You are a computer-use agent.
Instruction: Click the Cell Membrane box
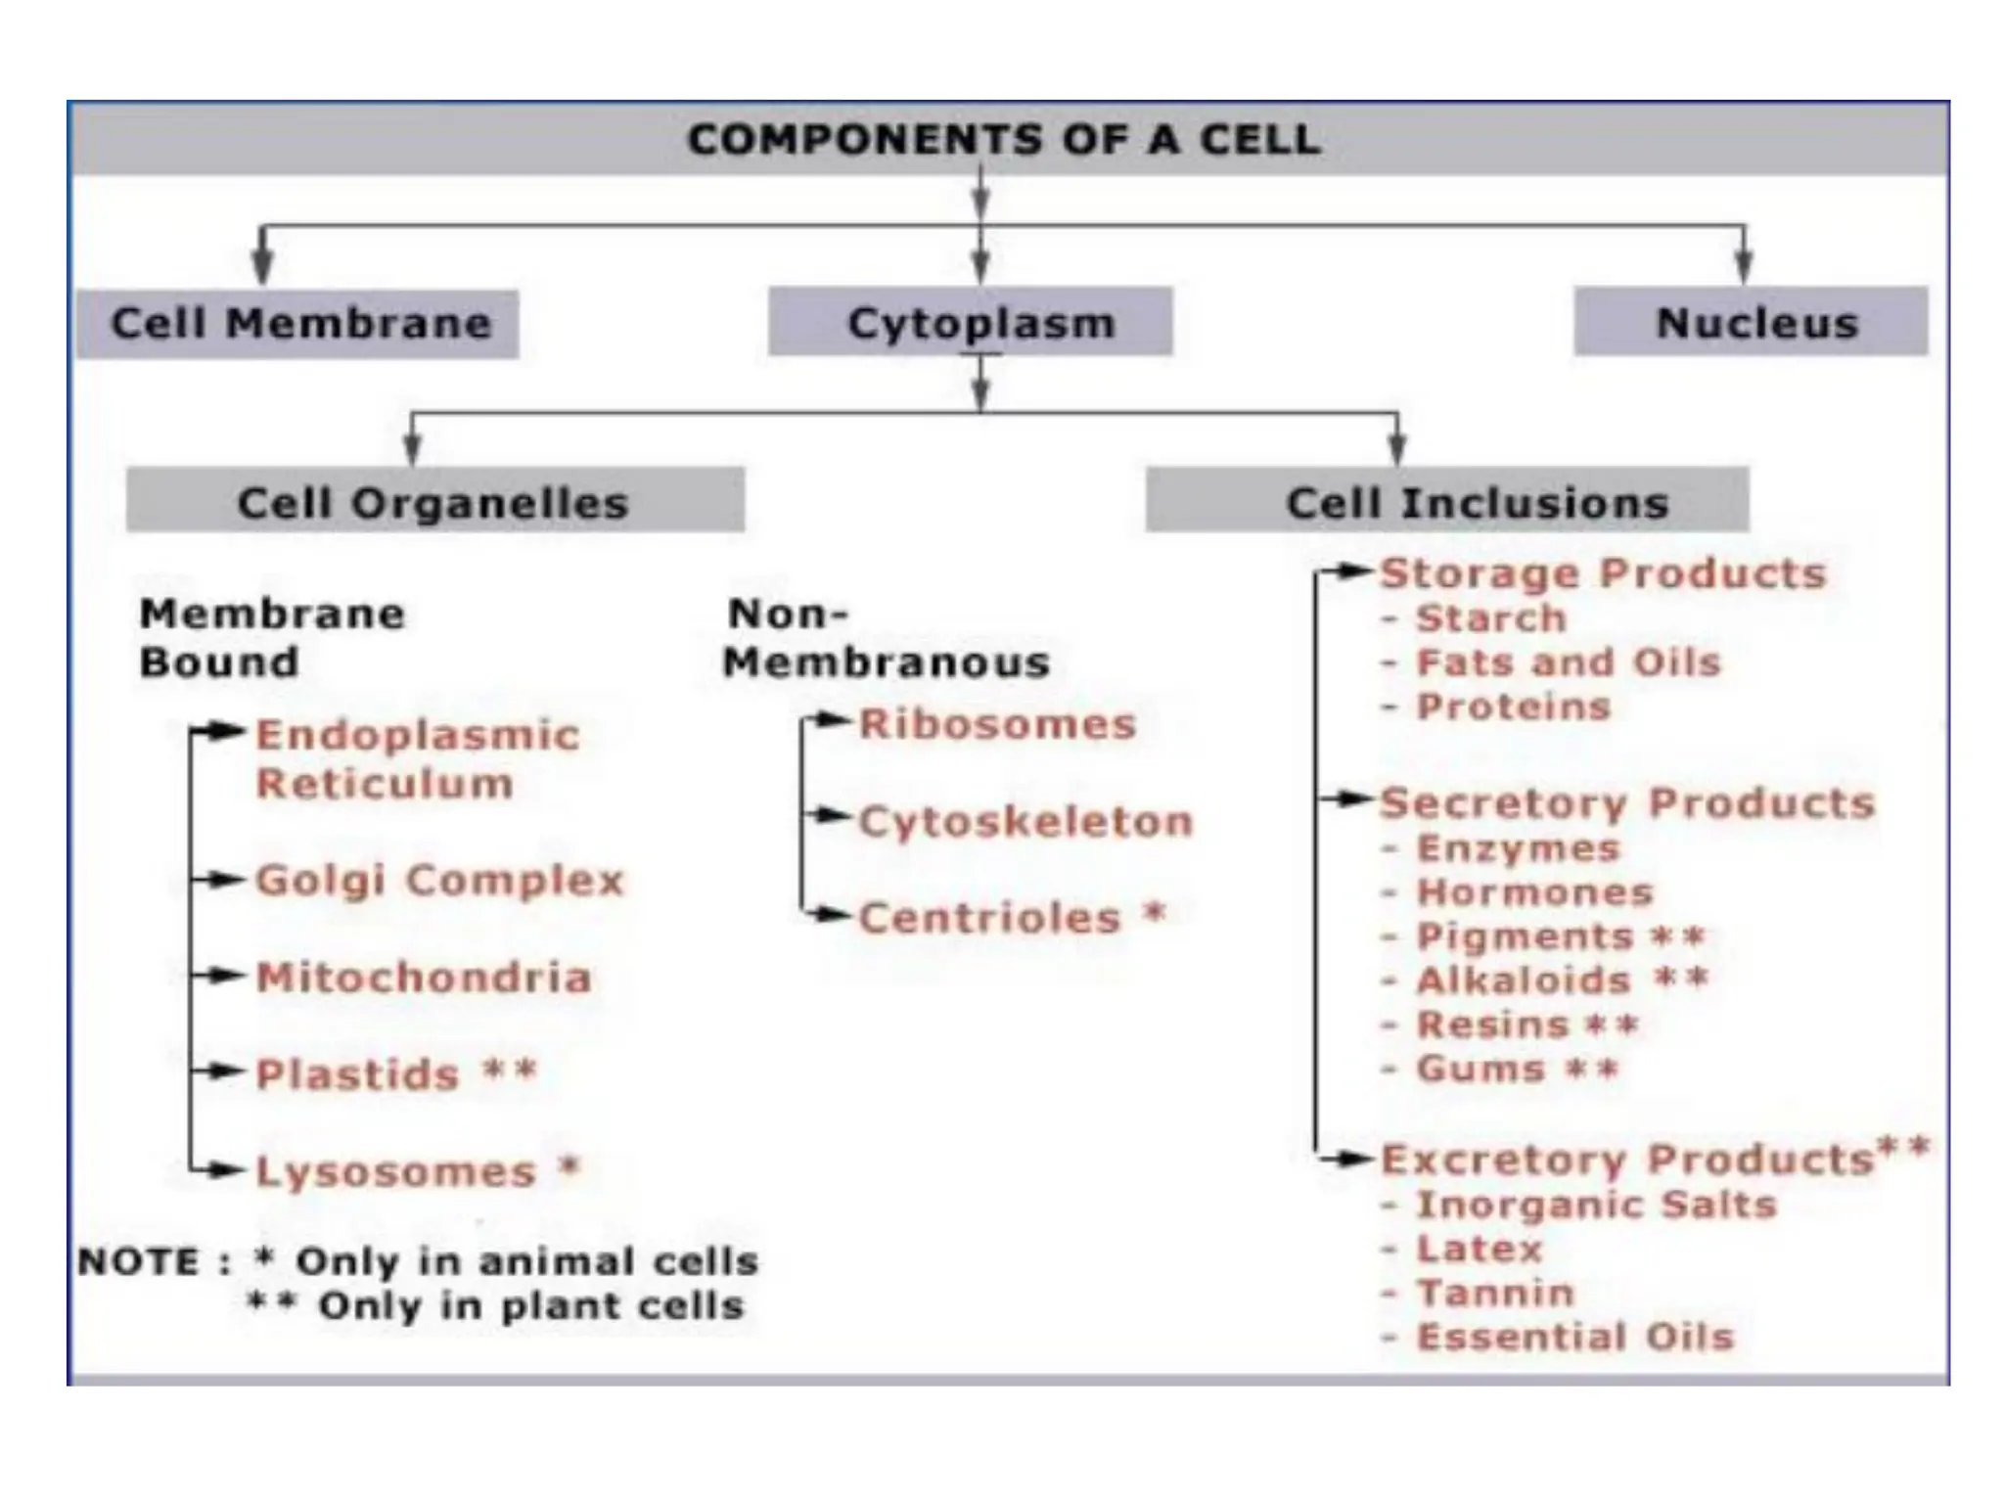tap(297, 324)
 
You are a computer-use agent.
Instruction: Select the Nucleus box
tap(1751, 322)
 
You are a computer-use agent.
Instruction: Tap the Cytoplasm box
tap(970, 322)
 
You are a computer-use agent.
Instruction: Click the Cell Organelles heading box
tap(434, 501)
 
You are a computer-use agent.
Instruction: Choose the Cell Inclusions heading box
tap(1447, 501)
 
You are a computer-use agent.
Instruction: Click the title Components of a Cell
tap(1004, 139)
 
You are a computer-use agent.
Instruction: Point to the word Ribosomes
tap(997, 724)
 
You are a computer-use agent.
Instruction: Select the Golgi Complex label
tap(439, 880)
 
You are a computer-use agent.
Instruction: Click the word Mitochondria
tap(424, 977)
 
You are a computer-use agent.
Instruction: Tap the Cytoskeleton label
tap(1025, 821)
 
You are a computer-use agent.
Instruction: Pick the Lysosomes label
tap(396, 1170)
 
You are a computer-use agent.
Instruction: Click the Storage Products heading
tap(1602, 573)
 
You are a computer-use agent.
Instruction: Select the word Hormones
tap(1534, 892)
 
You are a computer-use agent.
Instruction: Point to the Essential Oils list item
tap(1574, 1337)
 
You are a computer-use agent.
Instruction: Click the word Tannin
tap(1495, 1293)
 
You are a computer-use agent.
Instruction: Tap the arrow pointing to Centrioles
tap(830, 916)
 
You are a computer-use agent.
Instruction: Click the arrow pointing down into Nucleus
tap(1744, 262)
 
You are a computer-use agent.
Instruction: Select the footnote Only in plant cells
tap(531, 1305)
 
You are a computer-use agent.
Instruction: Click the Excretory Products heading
tap(1626, 1160)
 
